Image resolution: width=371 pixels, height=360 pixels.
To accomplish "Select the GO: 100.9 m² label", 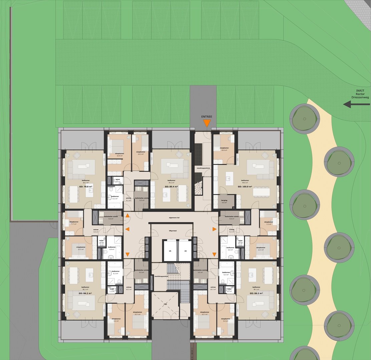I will click(245, 187).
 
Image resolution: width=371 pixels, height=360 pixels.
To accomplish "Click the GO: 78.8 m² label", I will click(86, 187).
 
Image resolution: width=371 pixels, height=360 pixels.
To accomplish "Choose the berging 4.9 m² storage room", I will click(224, 201).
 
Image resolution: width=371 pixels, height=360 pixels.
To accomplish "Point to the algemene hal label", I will click(174, 217).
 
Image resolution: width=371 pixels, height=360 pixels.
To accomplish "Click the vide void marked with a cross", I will click(165, 304).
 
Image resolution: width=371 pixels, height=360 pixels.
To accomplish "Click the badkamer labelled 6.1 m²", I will click(115, 198).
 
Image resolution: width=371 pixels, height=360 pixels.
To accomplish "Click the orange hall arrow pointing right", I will click(214, 229).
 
